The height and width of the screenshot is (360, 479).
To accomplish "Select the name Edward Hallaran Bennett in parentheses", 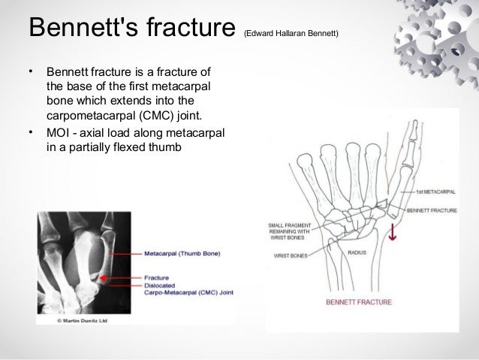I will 292,33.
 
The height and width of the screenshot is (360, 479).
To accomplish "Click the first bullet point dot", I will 31,73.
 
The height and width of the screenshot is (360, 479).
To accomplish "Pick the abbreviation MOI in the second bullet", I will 59,133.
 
